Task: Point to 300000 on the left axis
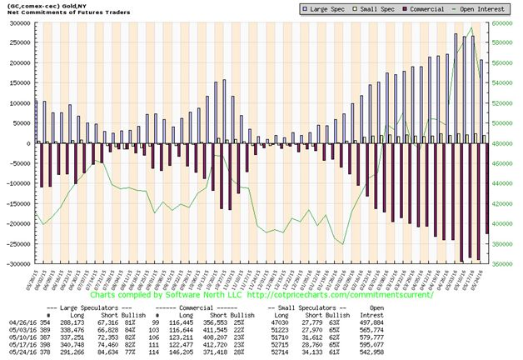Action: pos(17,23)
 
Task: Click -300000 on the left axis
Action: pos(17,263)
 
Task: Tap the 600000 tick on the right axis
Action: pos(504,23)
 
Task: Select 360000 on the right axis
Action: pos(504,263)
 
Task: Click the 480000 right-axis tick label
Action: pos(504,143)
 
